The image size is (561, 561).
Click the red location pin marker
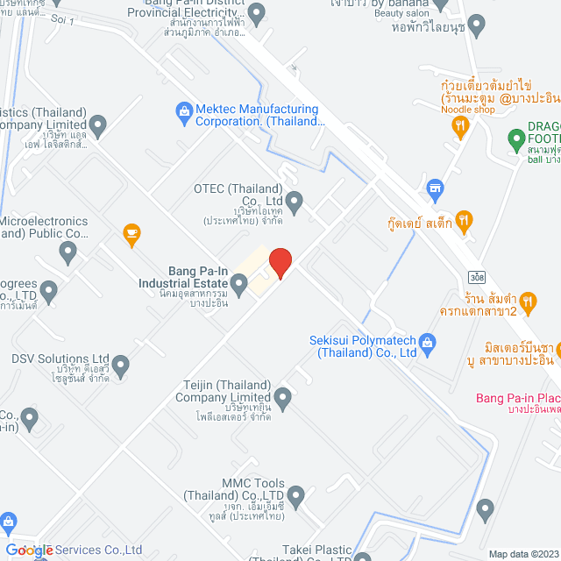(x=280, y=263)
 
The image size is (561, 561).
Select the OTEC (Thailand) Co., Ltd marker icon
(x=295, y=202)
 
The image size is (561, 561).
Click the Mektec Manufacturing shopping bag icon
(x=184, y=110)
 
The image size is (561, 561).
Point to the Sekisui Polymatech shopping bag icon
(x=428, y=341)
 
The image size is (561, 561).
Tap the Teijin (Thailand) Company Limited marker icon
(x=282, y=396)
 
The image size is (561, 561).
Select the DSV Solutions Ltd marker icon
(x=121, y=364)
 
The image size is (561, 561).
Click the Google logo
(x=30, y=550)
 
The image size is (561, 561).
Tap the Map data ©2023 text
(x=523, y=553)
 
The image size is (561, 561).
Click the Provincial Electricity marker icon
(x=255, y=13)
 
